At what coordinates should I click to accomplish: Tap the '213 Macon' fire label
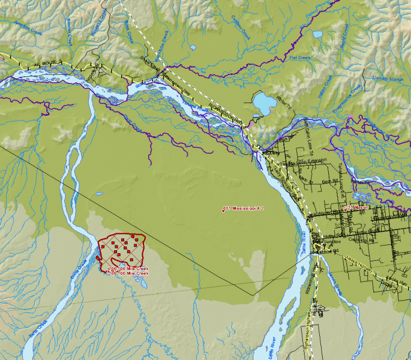tap(357, 208)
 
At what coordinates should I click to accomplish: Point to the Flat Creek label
tap(299, 58)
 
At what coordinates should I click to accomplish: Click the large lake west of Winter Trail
tap(265, 105)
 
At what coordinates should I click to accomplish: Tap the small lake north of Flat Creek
tap(318, 34)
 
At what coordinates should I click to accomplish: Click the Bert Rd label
tap(329, 182)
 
